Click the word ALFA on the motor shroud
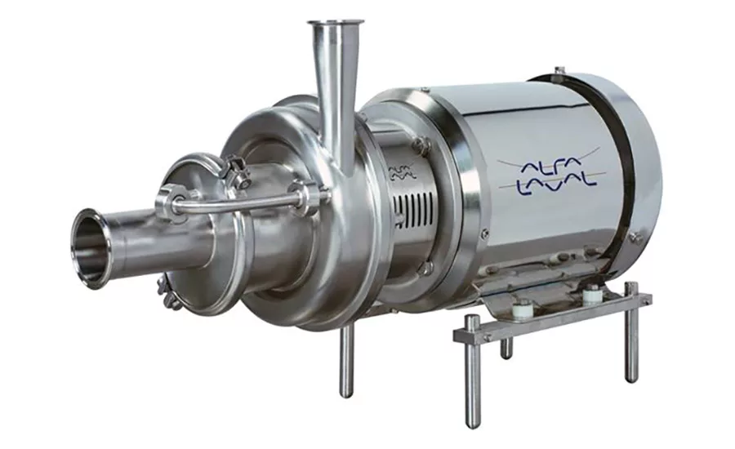click(x=551, y=167)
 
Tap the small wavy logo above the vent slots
click(x=402, y=171)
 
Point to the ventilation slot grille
click(x=413, y=209)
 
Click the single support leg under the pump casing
click(x=347, y=360)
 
